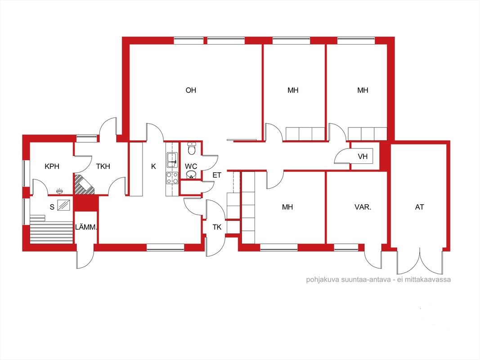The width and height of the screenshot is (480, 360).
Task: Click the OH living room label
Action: (x=191, y=90)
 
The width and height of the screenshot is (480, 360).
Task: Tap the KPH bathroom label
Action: (x=52, y=166)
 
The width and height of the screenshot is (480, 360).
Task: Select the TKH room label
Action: (x=103, y=166)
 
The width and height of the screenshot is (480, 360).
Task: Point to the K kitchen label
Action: (x=154, y=166)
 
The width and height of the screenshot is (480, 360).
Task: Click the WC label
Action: (x=191, y=166)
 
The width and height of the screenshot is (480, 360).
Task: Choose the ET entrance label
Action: (x=217, y=175)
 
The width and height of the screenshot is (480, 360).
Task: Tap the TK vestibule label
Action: (x=217, y=227)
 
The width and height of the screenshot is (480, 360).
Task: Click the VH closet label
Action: (x=363, y=157)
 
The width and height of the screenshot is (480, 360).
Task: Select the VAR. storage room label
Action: (x=363, y=207)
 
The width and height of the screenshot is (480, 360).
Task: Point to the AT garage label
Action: (x=419, y=207)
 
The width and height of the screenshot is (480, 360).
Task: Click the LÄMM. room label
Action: (x=86, y=227)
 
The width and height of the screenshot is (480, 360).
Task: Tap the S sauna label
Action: (x=52, y=207)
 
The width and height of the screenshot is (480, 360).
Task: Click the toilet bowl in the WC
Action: (x=192, y=149)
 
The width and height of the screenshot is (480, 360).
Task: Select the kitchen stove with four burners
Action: (x=172, y=178)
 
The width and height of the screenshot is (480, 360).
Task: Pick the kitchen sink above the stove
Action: (x=172, y=160)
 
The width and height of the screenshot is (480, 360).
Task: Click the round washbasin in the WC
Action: (x=191, y=175)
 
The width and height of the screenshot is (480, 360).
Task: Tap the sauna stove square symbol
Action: (x=64, y=205)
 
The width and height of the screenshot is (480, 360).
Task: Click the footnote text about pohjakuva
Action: (x=378, y=279)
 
